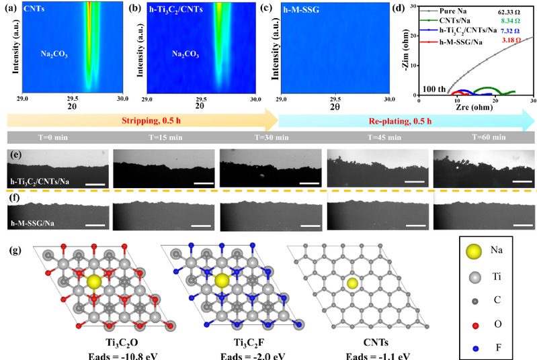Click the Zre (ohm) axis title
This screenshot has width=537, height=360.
475,106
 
